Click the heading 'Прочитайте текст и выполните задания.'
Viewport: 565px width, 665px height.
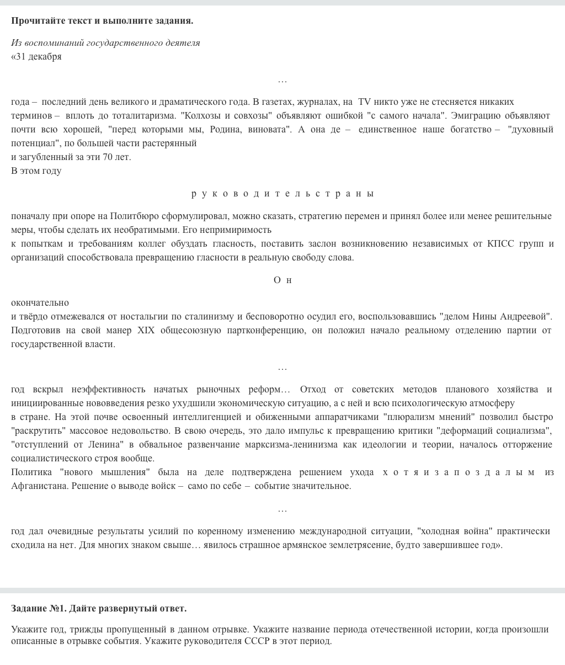[x=102, y=21]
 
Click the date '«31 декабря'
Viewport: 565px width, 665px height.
[x=36, y=57]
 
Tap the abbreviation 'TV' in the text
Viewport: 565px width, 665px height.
[x=364, y=102]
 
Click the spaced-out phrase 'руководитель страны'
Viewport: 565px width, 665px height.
[x=282, y=194]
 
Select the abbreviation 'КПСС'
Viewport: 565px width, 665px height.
[x=501, y=244]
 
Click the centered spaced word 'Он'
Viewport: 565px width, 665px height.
[x=282, y=280]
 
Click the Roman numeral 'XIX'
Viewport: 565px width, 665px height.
[x=146, y=331]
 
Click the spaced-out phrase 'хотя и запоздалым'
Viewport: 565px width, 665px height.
[x=459, y=472]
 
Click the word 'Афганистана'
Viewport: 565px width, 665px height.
[x=40, y=486]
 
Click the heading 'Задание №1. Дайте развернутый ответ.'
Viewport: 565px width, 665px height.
[x=99, y=608]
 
